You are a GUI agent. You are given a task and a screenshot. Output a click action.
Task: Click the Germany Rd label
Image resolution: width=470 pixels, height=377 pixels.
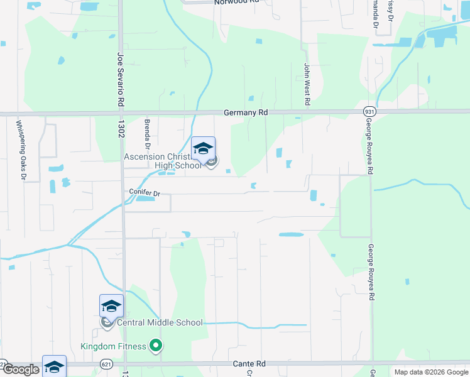246,112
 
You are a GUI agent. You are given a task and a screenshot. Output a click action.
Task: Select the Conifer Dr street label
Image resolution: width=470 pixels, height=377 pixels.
145,192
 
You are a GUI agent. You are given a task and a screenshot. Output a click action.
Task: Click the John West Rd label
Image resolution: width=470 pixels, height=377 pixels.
307,84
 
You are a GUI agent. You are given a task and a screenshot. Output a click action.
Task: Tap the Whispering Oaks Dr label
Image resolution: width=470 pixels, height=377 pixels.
20,150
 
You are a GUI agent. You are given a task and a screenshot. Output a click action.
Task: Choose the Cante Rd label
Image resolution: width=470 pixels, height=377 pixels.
249,364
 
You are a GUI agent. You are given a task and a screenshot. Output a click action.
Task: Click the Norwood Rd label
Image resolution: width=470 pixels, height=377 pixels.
236,3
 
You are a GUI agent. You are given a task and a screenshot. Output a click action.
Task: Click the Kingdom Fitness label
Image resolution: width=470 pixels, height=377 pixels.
113,346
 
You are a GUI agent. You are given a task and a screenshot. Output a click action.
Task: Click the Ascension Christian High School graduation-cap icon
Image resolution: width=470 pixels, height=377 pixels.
203,149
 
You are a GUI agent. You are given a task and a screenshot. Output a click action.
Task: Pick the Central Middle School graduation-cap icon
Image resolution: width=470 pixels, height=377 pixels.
111,307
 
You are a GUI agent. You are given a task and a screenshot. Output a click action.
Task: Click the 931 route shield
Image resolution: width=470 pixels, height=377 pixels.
369,111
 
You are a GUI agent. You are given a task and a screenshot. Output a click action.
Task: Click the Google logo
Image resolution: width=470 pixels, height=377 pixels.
20,369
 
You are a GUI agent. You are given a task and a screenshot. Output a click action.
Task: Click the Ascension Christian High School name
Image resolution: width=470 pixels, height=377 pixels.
163,161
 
